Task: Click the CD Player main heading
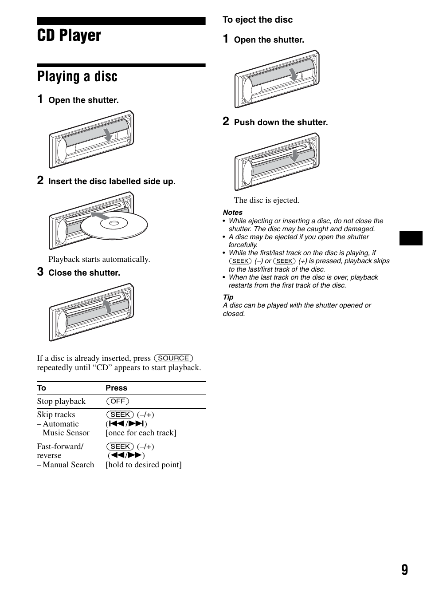pyautogui.click(x=69, y=36)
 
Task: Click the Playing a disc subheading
pyautogui.click(x=77, y=76)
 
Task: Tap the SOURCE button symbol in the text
pyautogui.click(x=173, y=358)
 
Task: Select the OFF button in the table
pyautogui.click(x=117, y=401)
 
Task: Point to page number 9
pyautogui.click(x=404, y=570)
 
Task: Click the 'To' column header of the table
pyautogui.click(x=42, y=388)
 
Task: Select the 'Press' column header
pyautogui.click(x=116, y=388)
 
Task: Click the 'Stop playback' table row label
pyautogui.click(x=61, y=401)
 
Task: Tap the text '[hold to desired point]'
pyautogui.click(x=144, y=465)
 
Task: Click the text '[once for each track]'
pyautogui.click(x=141, y=433)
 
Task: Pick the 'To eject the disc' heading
pyautogui.click(x=258, y=20)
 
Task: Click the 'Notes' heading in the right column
pyautogui.click(x=232, y=213)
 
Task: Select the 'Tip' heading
pyautogui.click(x=228, y=297)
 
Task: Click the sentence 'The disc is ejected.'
pyautogui.click(x=266, y=200)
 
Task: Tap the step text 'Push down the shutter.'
pyautogui.click(x=281, y=122)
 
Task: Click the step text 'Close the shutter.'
pyautogui.click(x=84, y=273)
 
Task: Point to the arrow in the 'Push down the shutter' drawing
pyautogui.click(x=294, y=155)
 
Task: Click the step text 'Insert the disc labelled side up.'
pyautogui.click(x=112, y=182)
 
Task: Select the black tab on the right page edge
pyautogui.click(x=411, y=238)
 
